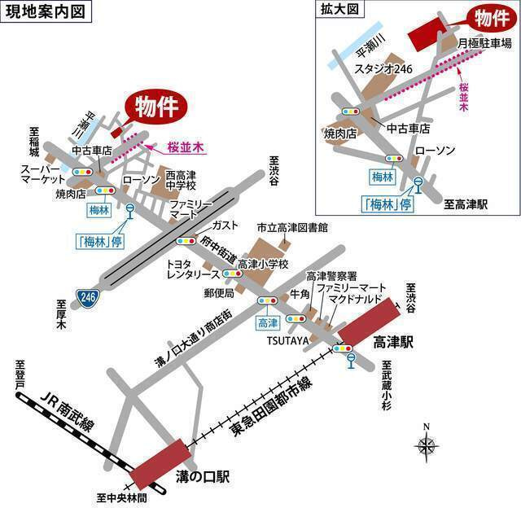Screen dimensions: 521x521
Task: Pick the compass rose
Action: (x=426, y=444)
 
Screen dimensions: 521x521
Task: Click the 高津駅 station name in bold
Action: (x=394, y=344)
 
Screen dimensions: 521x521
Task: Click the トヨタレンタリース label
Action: (x=189, y=269)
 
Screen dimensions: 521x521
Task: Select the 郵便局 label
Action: (x=219, y=292)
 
